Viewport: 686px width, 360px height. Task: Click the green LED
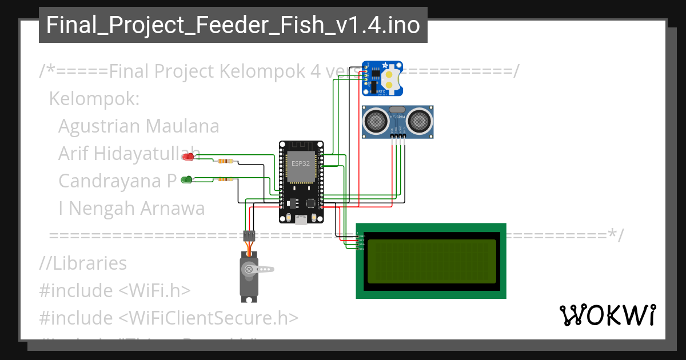point(186,179)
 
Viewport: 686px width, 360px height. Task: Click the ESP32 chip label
point(301,163)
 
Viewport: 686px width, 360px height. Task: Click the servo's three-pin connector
point(249,235)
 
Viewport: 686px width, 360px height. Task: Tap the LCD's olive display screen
point(432,261)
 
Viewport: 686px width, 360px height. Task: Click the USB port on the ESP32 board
point(301,220)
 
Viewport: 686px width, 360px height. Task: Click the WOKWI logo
point(607,315)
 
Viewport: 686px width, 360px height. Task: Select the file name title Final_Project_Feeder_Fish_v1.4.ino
point(233,25)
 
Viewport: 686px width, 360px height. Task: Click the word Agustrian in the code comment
point(99,126)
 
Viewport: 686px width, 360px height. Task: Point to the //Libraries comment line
point(83,263)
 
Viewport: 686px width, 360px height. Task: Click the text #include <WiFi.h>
point(114,290)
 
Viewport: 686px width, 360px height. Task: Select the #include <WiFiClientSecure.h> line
point(169,318)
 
